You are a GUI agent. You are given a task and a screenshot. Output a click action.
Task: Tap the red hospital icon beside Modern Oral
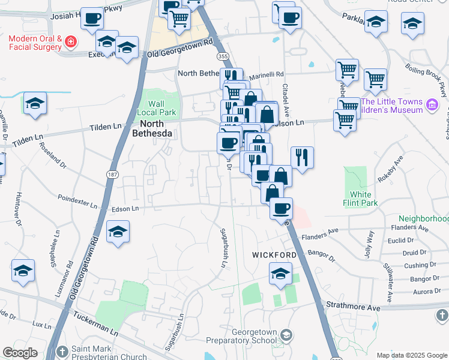(x=71, y=41)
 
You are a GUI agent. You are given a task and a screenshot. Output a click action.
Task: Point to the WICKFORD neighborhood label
(x=273, y=255)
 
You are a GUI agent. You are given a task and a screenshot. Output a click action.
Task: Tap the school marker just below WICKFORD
(x=280, y=274)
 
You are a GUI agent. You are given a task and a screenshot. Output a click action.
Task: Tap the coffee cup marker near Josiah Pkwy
(x=92, y=19)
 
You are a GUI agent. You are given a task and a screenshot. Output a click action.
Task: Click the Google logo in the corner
(x=20, y=353)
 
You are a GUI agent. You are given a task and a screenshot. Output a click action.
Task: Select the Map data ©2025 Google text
(x=411, y=355)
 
